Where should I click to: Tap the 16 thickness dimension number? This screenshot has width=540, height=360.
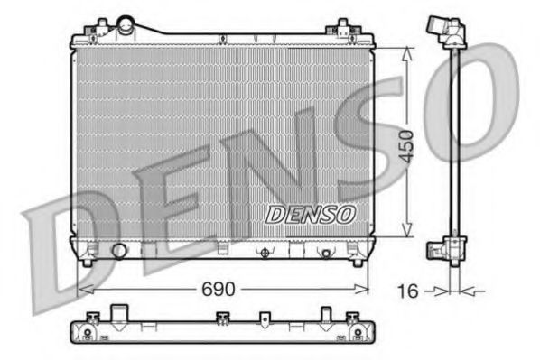point(408,291)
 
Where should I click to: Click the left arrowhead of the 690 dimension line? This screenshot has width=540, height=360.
point(84,289)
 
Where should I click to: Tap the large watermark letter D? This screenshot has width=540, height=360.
point(63,244)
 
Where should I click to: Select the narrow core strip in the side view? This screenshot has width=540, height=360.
point(455,144)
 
